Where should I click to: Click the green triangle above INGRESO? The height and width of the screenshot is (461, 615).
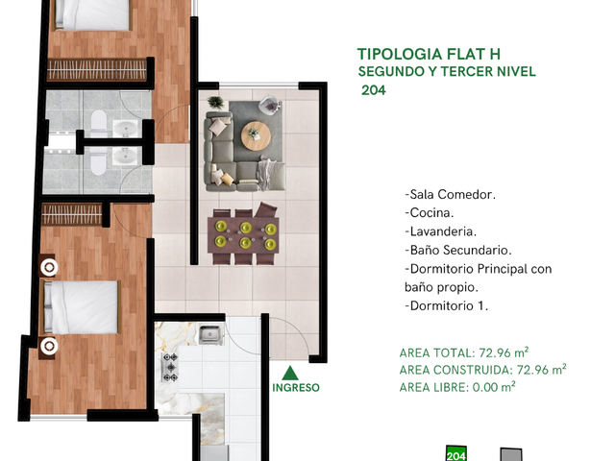point(290,374)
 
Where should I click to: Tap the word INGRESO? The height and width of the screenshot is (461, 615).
point(296,388)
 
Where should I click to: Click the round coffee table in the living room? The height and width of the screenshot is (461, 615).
point(256,135)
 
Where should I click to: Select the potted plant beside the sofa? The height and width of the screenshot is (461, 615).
point(215,103)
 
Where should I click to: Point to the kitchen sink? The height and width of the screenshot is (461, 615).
point(211,335)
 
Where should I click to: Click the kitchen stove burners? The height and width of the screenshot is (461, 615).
point(170,367)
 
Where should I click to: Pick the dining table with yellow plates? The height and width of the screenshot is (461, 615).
point(243,235)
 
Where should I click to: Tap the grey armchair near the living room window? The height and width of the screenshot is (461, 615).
point(270,105)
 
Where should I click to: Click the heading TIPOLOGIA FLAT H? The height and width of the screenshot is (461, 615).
point(429,54)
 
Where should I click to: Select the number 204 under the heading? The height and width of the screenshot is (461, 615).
point(374,90)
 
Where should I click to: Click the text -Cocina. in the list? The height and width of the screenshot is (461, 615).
point(430,213)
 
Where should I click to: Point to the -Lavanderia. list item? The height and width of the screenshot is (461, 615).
point(440,231)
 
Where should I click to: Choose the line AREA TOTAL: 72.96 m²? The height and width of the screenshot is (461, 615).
point(464,352)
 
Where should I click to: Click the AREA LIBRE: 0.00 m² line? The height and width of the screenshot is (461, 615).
point(457,387)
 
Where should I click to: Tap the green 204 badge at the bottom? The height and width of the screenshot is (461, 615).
point(456,453)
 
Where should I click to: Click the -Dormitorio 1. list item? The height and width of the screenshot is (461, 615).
point(446,305)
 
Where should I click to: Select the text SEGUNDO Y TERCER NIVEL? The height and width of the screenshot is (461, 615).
point(447,72)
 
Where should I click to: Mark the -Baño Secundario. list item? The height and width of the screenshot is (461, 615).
point(458,250)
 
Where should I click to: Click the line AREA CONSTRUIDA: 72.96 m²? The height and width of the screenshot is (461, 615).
point(482,370)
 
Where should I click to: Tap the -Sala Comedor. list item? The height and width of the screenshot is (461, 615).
point(451,194)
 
